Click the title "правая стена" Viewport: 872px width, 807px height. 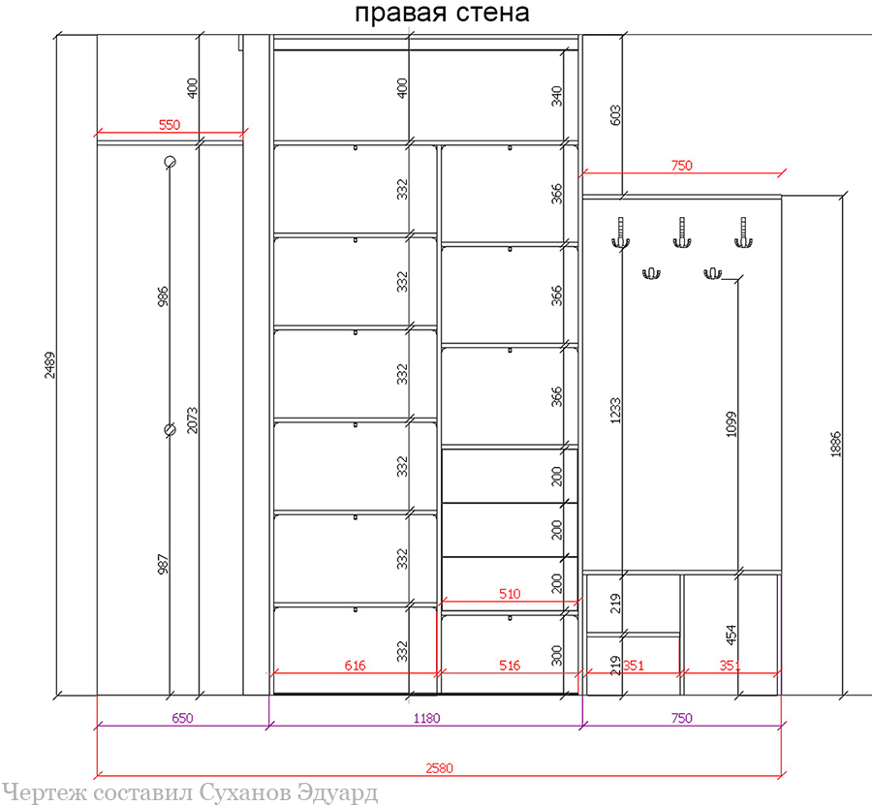click(442, 14)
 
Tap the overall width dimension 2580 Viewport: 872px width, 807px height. click(439, 768)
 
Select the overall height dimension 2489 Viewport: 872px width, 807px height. click(50, 365)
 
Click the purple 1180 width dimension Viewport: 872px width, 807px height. click(426, 718)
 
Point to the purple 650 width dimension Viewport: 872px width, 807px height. click(182, 718)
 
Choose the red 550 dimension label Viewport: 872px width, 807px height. click(170, 125)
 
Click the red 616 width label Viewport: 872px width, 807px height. click(355, 666)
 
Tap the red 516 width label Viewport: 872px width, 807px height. click(510, 666)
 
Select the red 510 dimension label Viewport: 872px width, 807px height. click(510, 594)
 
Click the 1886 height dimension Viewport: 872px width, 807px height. click(836, 445)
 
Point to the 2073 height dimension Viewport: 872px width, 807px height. click(192, 420)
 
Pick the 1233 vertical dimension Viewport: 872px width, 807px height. click(615, 411)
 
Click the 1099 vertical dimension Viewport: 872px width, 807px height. click(732, 423)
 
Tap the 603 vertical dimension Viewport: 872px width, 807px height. click(615, 115)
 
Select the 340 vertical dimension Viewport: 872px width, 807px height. click(557, 96)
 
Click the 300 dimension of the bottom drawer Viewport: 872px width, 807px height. click(557, 655)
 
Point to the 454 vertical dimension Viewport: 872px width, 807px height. click(732, 635)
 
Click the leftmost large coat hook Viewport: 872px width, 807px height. click(621, 233)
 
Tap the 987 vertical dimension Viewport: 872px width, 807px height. click(163, 564)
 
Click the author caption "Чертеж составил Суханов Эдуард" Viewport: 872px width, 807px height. click(190, 793)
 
